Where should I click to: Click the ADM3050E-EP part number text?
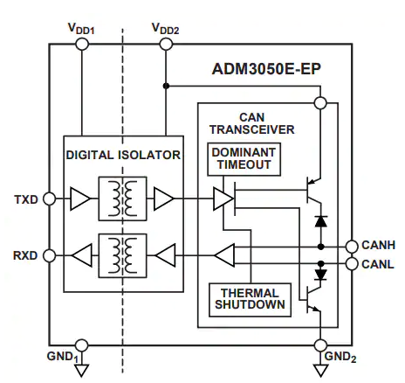tap(266, 69)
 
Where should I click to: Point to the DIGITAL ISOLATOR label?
tap(123, 155)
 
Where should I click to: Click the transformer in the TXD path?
tap(122, 198)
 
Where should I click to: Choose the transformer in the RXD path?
tap(122, 255)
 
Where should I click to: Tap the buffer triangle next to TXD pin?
tap(80, 198)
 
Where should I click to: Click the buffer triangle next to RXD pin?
tap(82, 255)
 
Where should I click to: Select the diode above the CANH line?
tap(321, 221)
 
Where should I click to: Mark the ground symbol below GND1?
tap(82, 370)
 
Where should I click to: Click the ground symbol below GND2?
tap(320, 370)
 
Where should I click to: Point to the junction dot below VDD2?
tap(166, 86)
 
